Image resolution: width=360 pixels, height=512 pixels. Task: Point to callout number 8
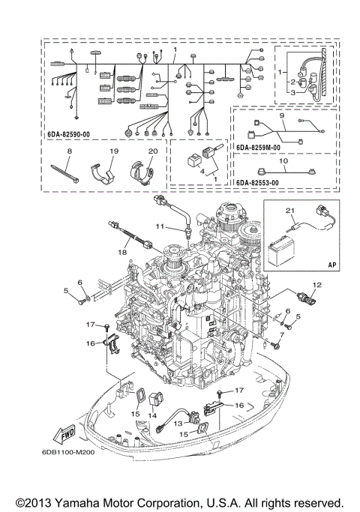coord(68,151)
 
